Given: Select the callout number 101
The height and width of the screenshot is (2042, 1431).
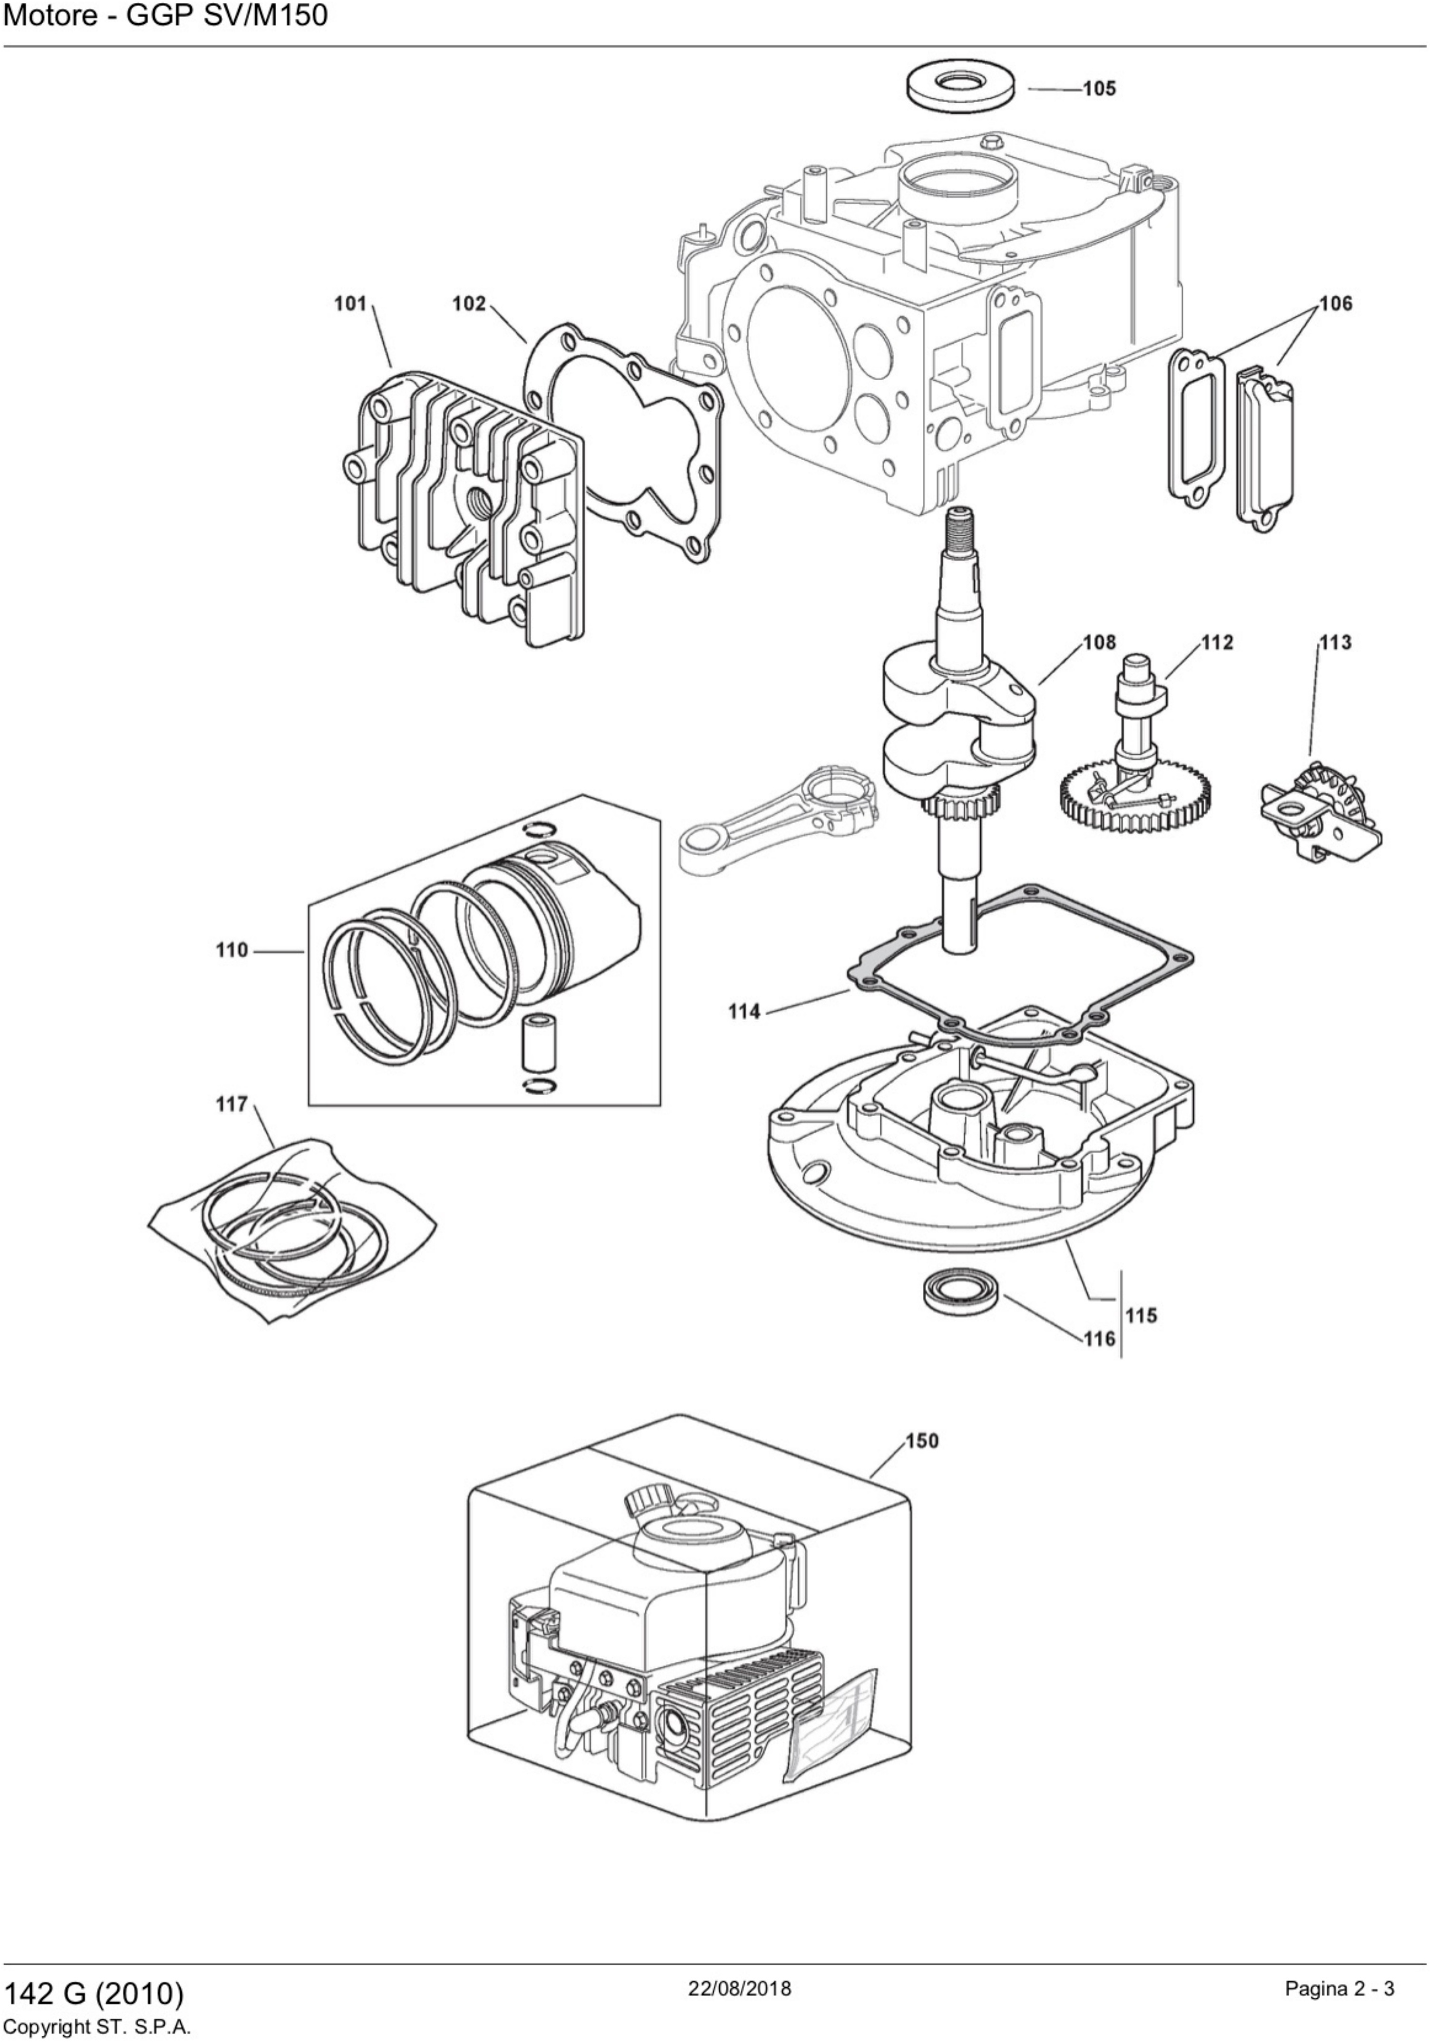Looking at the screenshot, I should [x=350, y=304].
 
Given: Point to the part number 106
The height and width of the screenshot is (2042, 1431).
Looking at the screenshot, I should [x=1335, y=304].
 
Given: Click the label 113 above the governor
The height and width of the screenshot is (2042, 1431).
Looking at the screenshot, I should [x=1335, y=642].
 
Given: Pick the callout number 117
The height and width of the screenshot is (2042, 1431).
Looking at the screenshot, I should [x=232, y=1105].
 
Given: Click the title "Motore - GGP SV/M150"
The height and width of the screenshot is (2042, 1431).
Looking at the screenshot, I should [x=166, y=16].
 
